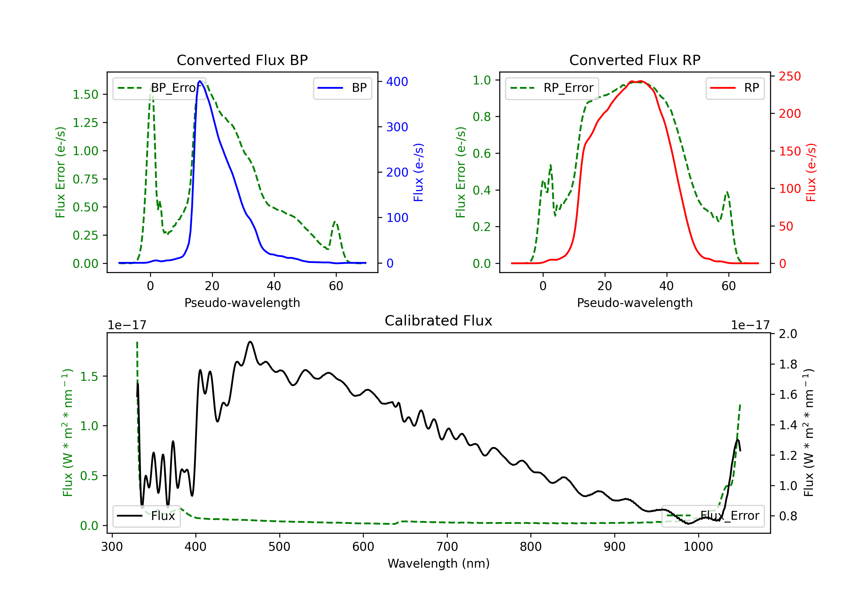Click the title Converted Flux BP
click(x=242, y=60)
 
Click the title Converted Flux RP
click(x=635, y=60)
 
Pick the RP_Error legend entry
click(x=552, y=88)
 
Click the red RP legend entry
click(x=735, y=88)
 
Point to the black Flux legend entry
click(x=147, y=516)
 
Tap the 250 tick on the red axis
click(x=790, y=76)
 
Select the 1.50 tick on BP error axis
click(x=85, y=95)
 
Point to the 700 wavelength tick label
click(x=447, y=547)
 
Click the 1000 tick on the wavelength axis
click(x=698, y=547)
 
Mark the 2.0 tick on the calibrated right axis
click(x=788, y=334)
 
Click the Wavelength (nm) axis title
click(x=439, y=564)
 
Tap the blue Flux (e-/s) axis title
click(x=419, y=172)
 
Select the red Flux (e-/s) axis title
click(x=811, y=172)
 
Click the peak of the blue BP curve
click(x=200, y=81)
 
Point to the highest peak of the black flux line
click(x=250, y=341)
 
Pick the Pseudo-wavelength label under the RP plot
click(x=635, y=303)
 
